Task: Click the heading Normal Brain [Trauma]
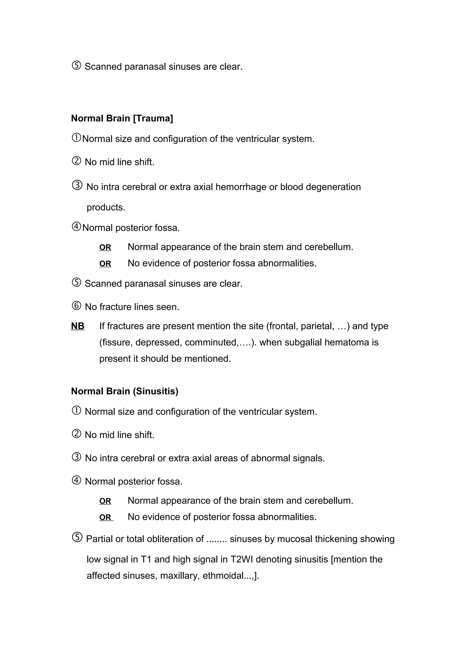point(122,119)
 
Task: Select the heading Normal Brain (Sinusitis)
point(125,391)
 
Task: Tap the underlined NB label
point(78,326)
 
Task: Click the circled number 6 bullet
point(76,306)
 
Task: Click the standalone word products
point(106,207)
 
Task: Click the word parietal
point(317,326)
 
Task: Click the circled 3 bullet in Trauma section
point(77,185)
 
